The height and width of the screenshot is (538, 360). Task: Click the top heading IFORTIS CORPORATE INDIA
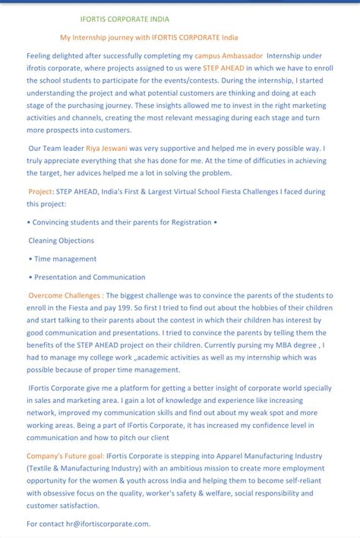pos(125,19)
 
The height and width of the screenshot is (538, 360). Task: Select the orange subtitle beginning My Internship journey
pos(149,37)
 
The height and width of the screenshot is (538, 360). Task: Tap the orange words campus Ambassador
pos(229,55)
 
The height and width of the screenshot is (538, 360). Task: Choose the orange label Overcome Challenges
pos(66,295)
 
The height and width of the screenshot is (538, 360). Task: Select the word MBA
pos(274,345)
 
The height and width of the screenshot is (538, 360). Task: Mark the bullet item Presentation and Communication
pos(90,277)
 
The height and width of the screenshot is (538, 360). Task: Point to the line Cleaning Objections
pos(62,241)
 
